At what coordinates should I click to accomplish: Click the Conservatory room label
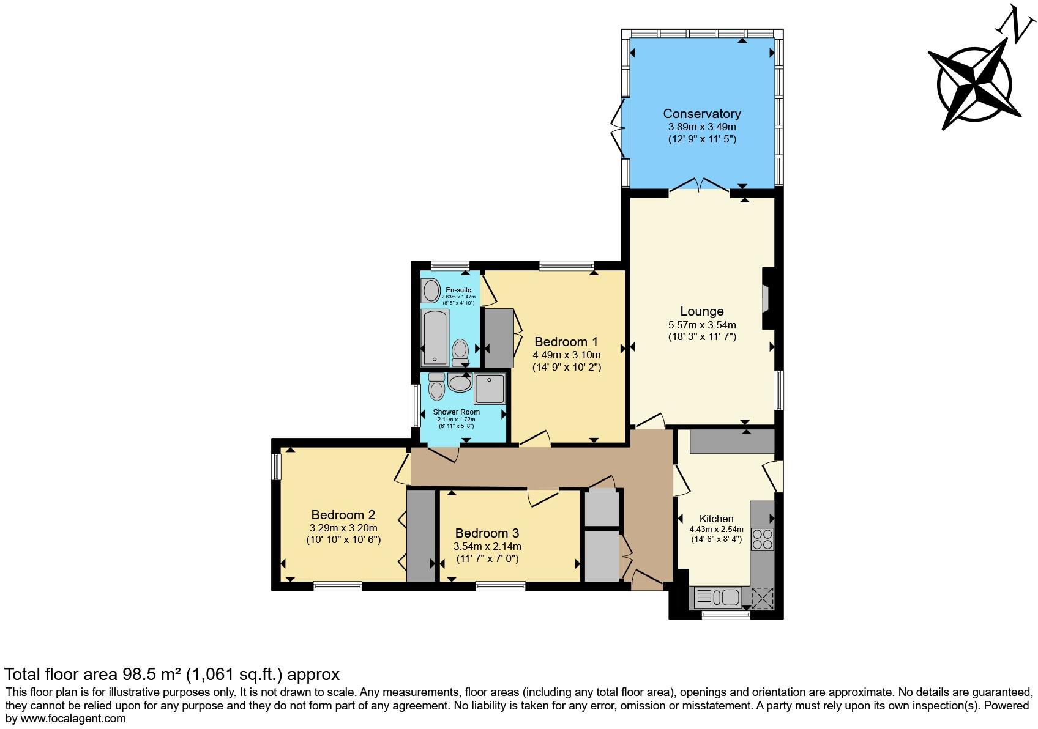coord(701,114)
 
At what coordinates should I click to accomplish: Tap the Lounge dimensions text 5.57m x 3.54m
coord(701,325)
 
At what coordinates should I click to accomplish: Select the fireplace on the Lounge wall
coord(766,300)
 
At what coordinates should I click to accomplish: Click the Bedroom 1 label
coord(566,342)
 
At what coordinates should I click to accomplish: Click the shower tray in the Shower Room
coord(490,389)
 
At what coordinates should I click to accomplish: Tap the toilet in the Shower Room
coord(436,387)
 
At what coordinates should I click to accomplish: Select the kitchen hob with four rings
coord(762,539)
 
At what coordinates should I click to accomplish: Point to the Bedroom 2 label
coord(343,515)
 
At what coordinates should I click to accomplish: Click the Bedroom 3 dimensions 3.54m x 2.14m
coord(487,546)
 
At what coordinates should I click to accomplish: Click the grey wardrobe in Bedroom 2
coord(420,536)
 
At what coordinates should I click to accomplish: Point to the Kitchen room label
coord(716,519)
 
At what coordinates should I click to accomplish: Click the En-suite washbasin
coord(431,290)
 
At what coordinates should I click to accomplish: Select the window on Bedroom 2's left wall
coord(276,467)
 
